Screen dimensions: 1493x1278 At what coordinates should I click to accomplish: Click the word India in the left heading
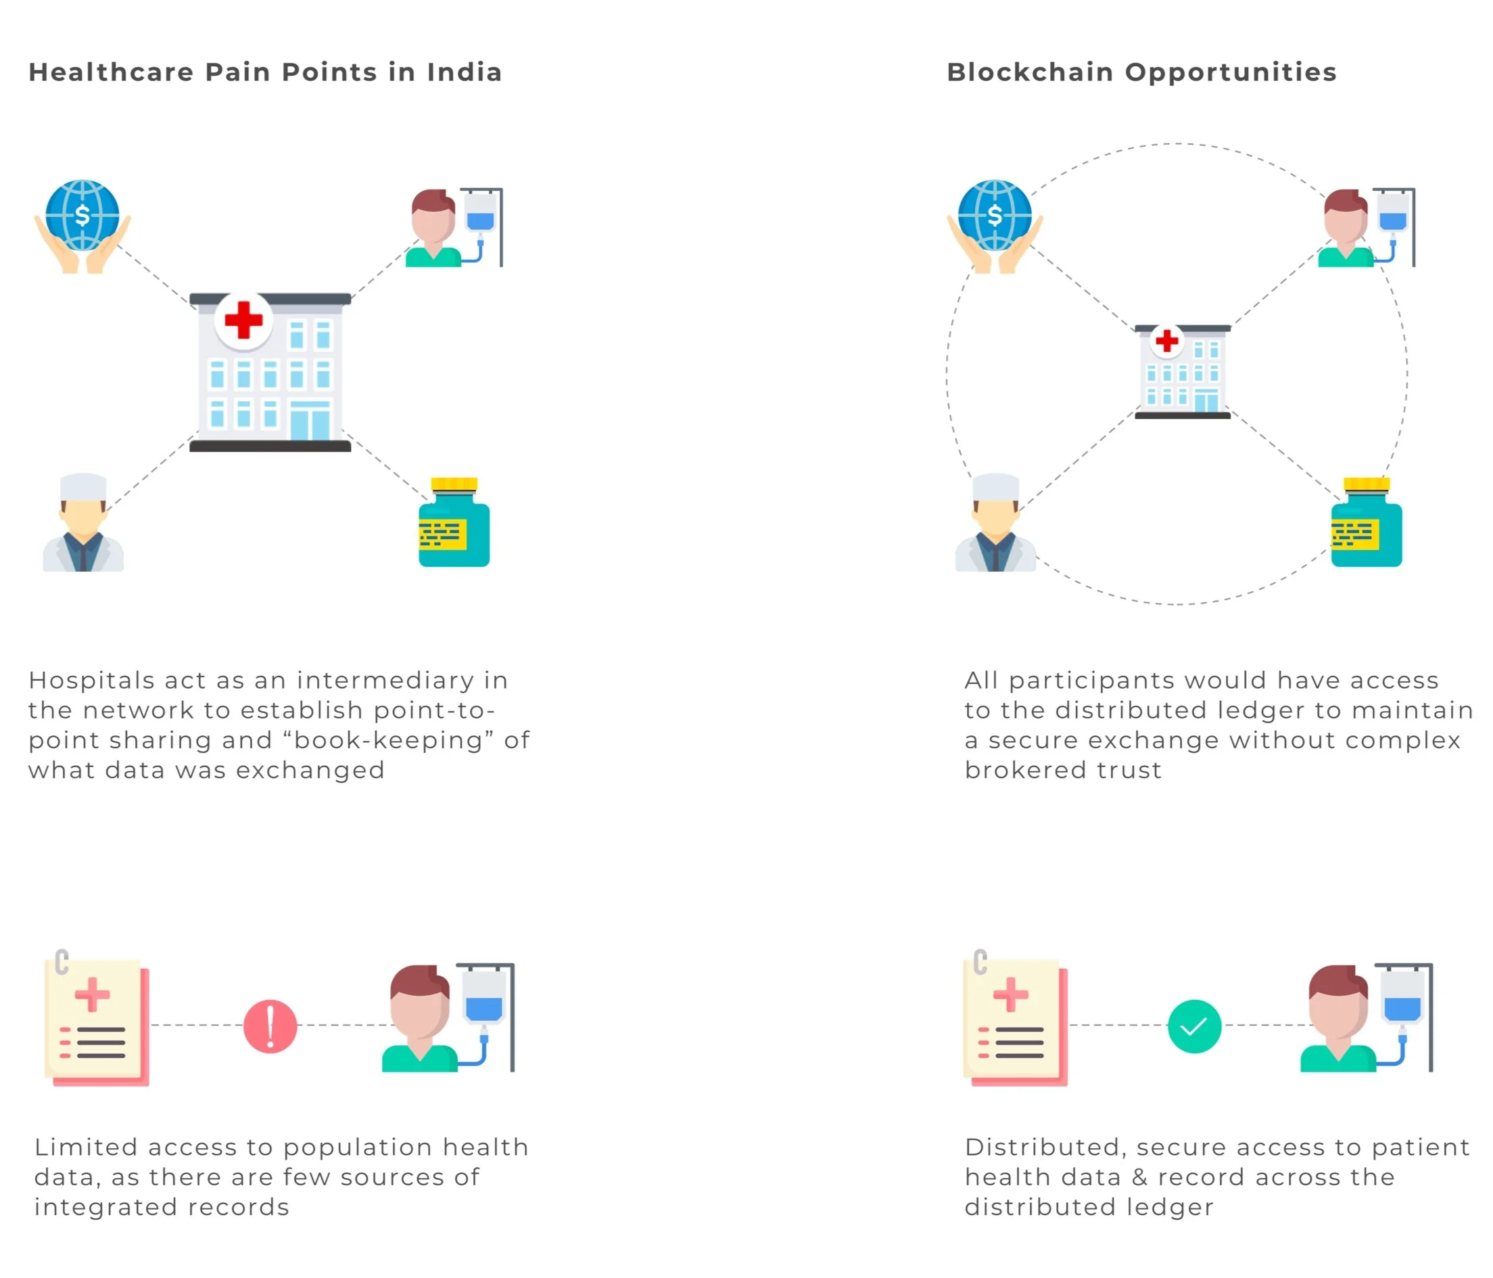point(464,72)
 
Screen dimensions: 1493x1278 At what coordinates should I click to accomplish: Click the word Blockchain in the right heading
point(1030,72)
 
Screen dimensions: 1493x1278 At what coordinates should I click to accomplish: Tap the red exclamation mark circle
point(270,1026)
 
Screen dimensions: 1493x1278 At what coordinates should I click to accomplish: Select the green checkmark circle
point(1194,1026)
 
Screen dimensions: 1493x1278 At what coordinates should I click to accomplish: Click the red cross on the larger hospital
point(243,320)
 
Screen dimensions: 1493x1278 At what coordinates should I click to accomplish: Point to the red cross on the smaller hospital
point(1166,341)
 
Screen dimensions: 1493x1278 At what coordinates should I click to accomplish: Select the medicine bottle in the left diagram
point(454,524)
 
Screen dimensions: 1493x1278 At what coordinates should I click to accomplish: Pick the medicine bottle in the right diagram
point(1366,524)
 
